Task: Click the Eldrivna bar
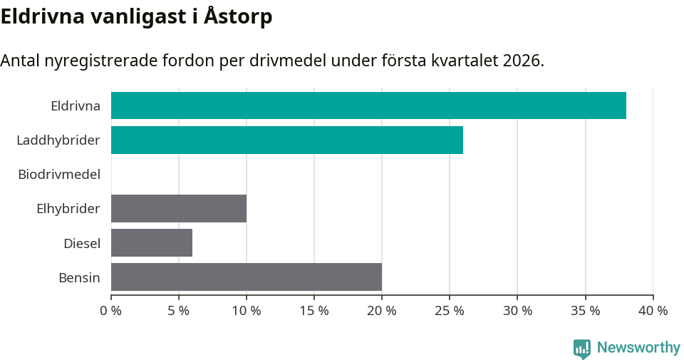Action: click(368, 106)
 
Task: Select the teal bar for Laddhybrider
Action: click(287, 140)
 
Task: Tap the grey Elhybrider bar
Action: click(179, 208)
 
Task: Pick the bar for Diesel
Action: click(152, 242)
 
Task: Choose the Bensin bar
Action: click(247, 277)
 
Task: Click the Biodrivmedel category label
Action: click(59, 174)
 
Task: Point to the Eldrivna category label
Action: click(76, 106)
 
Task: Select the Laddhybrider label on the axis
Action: click(58, 140)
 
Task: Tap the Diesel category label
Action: click(82, 243)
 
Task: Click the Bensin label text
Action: click(79, 277)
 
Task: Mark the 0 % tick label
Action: click(111, 311)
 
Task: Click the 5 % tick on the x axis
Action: click(179, 311)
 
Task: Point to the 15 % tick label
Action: click(314, 311)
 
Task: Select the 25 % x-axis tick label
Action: click(450, 311)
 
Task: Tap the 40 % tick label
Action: click(653, 311)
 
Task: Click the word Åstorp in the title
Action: click(238, 16)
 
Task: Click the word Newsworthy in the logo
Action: click(638, 348)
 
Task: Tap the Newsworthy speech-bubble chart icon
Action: click(582, 349)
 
